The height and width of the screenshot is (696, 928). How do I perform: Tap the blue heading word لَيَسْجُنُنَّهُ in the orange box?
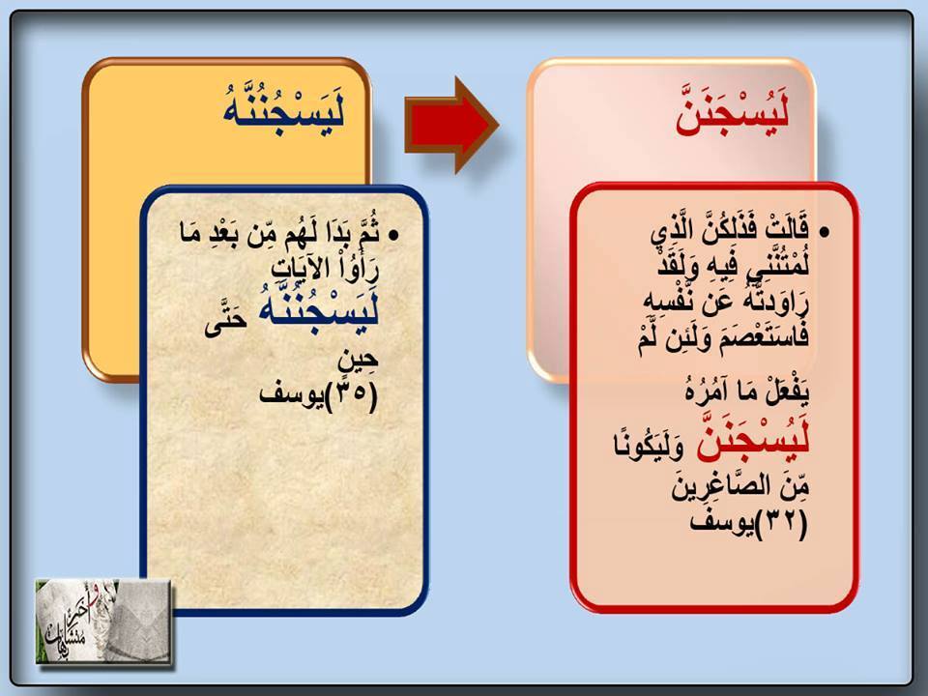tap(283, 106)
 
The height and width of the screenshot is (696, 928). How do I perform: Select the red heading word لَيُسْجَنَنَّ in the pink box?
tap(734, 109)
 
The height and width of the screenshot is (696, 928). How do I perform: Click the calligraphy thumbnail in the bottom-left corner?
tap(103, 621)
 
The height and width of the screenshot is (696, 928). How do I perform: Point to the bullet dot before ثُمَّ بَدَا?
tap(393, 236)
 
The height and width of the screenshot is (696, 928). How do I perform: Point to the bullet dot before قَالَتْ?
tap(826, 233)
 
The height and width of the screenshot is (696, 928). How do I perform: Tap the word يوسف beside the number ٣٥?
tap(292, 395)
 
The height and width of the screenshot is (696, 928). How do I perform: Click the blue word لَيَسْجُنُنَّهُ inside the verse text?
tap(318, 308)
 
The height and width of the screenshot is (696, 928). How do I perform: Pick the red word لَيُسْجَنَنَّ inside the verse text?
tap(753, 440)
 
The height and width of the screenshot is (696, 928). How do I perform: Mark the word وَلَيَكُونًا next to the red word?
tap(650, 445)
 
